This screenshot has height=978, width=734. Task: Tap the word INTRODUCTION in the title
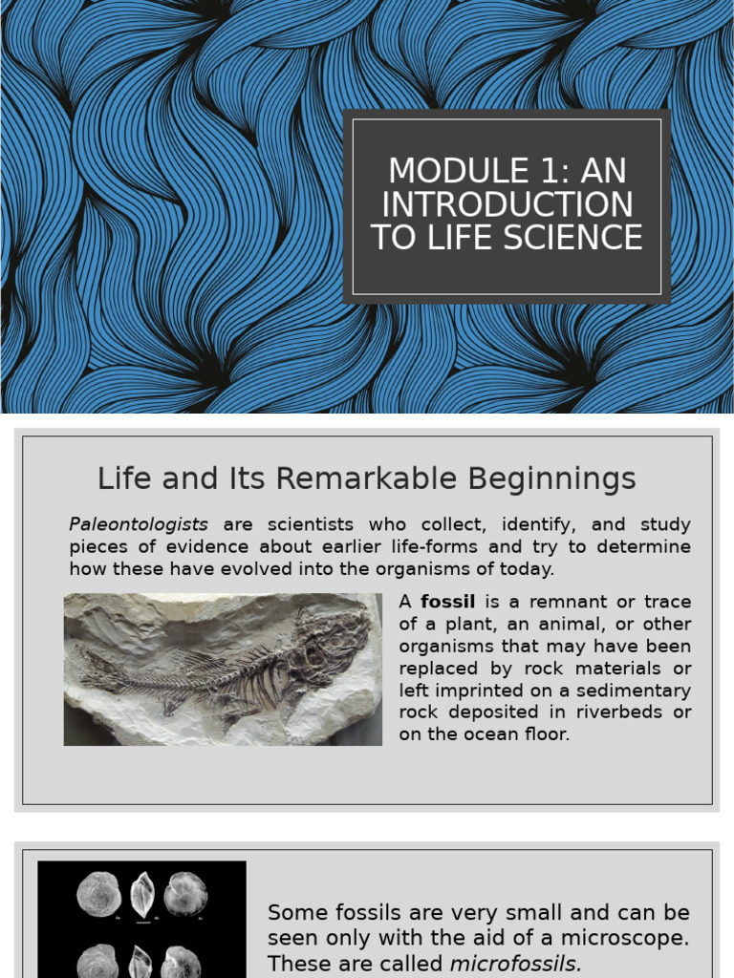point(507,204)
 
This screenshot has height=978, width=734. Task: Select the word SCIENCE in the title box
point(574,237)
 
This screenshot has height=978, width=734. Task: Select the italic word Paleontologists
point(139,524)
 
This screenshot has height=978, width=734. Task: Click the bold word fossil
point(448,602)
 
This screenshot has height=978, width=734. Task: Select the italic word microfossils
point(515,963)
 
